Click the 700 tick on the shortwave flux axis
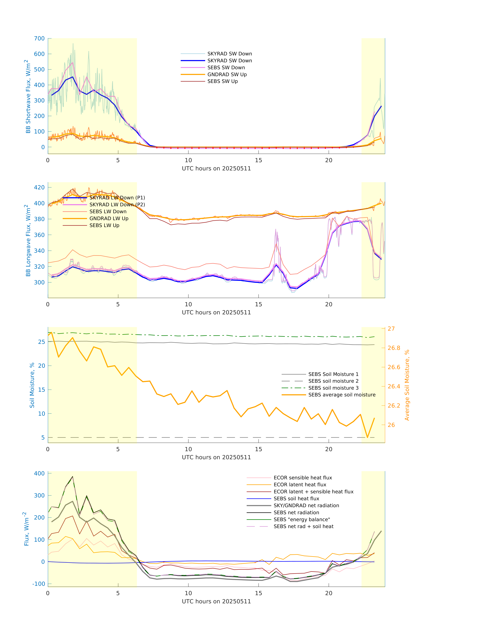[39, 38]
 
